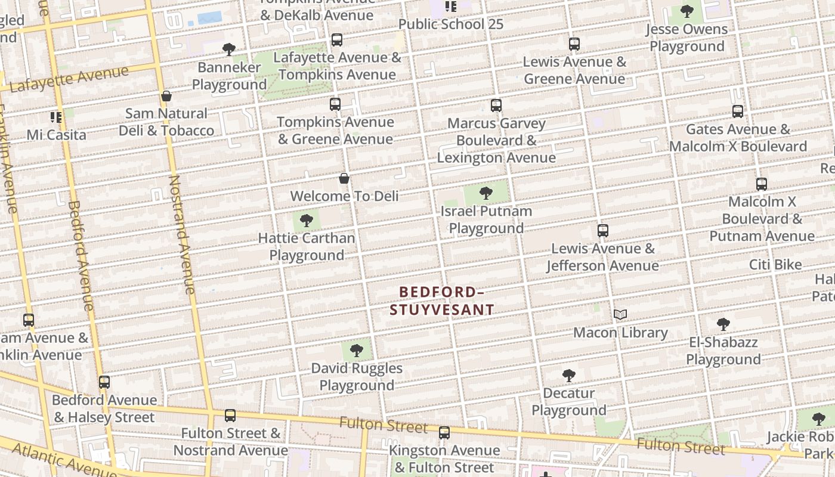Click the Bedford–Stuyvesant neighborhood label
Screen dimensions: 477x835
tap(441, 301)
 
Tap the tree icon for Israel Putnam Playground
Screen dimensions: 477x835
tap(486, 193)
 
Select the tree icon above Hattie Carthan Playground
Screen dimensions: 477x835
tap(307, 221)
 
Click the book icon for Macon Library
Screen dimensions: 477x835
tap(620, 314)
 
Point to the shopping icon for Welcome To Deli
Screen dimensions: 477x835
tap(344, 178)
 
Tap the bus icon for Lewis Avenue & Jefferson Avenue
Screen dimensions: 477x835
tap(603, 231)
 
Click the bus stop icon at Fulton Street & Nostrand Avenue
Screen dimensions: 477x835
tap(230, 416)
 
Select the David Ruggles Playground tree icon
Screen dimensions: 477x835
tap(357, 351)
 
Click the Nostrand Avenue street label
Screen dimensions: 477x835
tap(182, 234)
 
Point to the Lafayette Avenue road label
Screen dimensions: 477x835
tap(69, 79)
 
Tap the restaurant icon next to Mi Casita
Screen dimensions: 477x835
tap(56, 117)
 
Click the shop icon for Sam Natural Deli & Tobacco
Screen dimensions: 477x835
tap(166, 96)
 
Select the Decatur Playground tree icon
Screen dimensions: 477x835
tap(569, 376)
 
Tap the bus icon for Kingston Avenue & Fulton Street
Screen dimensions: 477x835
tap(444, 433)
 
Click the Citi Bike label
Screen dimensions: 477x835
tap(775, 265)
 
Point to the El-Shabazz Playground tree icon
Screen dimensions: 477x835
tap(723, 324)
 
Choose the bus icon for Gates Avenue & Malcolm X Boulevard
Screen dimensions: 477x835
tap(738, 111)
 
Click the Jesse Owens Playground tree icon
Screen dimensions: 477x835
tap(687, 11)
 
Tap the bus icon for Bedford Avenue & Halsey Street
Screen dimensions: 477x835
tap(104, 382)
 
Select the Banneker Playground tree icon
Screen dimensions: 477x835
tap(229, 49)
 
